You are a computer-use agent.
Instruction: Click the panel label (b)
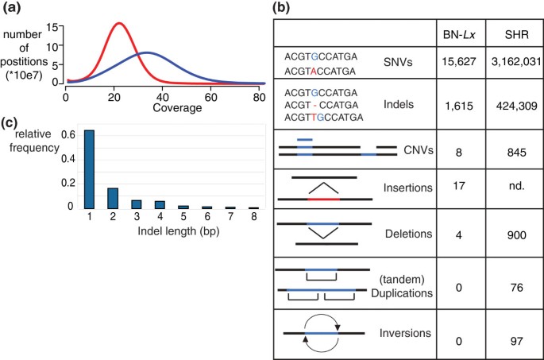pyautogui.click(x=286, y=10)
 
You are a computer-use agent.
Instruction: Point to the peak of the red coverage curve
pyautogui.click(x=119, y=23)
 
